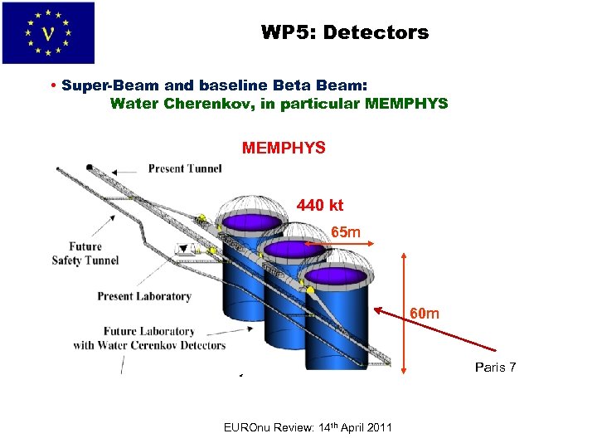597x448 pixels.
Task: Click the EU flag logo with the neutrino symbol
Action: click(x=48, y=33)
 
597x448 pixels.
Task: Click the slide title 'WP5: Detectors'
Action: click(x=345, y=33)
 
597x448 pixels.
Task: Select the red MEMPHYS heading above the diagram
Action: click(x=284, y=149)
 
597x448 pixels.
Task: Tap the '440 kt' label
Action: click(x=320, y=205)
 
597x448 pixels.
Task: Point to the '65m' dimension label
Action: click(x=346, y=232)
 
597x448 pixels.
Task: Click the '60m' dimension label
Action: click(x=425, y=314)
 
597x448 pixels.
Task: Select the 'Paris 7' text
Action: click(x=496, y=367)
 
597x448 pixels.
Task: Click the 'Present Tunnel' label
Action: click(x=185, y=168)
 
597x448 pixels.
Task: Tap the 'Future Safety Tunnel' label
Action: click(x=85, y=253)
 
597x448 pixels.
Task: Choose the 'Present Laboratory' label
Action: click(x=144, y=296)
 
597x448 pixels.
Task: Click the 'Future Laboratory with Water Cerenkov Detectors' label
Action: click(x=149, y=338)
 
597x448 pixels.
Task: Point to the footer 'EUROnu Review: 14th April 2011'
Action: click(x=308, y=427)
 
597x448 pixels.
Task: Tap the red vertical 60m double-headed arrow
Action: click(x=405, y=310)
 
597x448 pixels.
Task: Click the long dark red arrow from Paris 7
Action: click(x=436, y=331)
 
